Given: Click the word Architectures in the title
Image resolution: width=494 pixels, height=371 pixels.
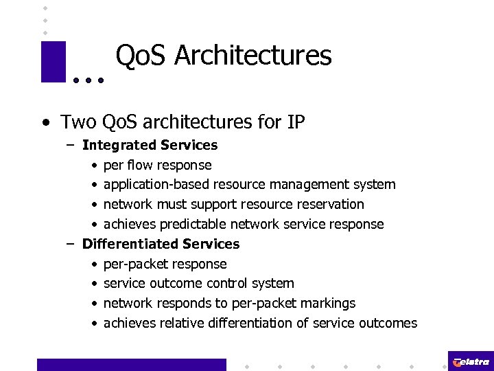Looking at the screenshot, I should click(252, 56).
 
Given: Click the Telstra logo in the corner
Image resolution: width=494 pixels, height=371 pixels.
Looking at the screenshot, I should click(470, 361).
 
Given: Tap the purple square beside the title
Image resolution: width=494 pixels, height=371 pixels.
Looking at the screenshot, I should click(53, 62).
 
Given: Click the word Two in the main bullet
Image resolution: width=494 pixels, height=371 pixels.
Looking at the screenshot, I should click(78, 122).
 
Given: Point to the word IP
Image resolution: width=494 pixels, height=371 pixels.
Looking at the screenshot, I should click(296, 122).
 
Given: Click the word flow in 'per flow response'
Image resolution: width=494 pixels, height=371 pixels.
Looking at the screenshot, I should click(141, 165).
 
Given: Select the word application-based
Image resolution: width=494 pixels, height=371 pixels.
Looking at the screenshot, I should click(156, 185).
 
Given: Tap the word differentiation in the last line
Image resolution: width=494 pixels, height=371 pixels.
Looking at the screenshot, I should click(257, 323).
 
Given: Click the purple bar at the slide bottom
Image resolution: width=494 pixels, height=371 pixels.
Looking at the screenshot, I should click(131, 364).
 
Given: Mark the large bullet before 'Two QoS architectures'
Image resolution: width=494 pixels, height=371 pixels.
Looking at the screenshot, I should click(46, 123).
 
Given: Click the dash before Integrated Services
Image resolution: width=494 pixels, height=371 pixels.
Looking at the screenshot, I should click(71, 145).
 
